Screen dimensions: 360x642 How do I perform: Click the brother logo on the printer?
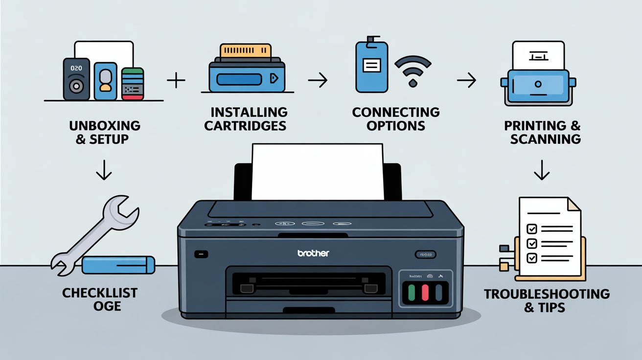[x=314, y=253]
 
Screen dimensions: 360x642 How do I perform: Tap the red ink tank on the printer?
[x=425, y=292]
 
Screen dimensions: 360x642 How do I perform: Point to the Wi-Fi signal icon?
[x=413, y=70]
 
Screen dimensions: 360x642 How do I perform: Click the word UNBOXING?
[x=105, y=125]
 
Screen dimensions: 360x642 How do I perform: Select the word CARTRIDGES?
[x=245, y=126]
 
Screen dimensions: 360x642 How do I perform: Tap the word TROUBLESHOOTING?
[x=547, y=294]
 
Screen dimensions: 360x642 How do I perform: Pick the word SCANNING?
[x=545, y=139]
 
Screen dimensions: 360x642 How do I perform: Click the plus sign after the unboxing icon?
[x=176, y=80]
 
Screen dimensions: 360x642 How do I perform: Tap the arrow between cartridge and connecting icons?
[x=318, y=80]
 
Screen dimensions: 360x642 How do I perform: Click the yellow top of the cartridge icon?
[x=246, y=51]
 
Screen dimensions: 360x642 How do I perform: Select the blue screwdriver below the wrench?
[x=118, y=265]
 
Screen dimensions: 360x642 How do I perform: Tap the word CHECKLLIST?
[x=100, y=293]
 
